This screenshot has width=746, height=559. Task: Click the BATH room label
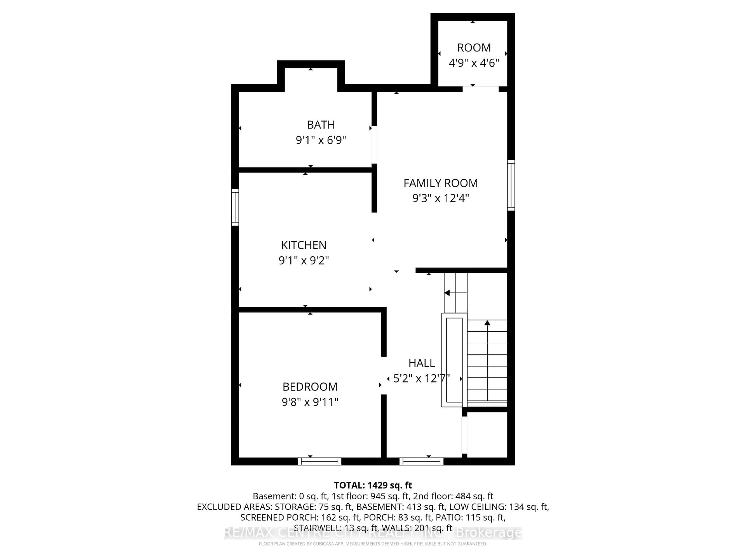pos(321,125)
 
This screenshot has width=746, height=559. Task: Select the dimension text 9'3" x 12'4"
pos(440,198)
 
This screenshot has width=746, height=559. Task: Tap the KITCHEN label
pos(303,245)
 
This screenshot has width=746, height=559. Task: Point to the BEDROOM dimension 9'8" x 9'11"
pos(310,402)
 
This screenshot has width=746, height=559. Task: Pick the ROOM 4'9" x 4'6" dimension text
pos(473,63)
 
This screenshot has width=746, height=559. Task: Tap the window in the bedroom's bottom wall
pos(319,461)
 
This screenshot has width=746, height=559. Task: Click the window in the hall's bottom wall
pos(421,461)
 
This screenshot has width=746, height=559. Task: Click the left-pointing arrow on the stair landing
pos(447,293)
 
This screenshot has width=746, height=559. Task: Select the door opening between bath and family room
pos(374,145)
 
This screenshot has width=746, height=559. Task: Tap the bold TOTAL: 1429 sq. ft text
pos(373,485)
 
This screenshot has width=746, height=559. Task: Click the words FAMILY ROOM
pos(440,183)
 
